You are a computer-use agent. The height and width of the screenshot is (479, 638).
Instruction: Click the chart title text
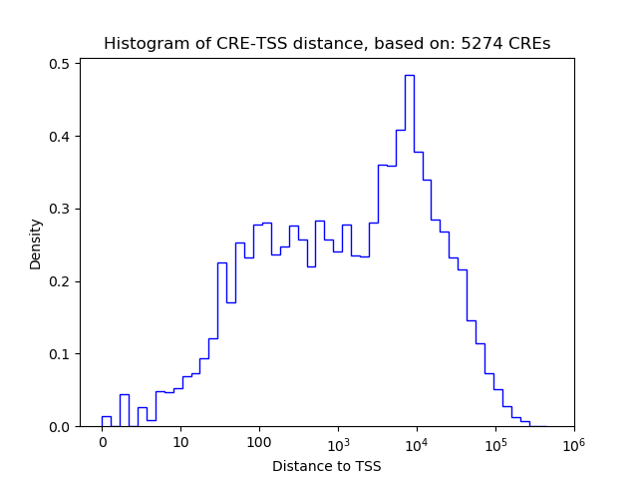pyautogui.click(x=326, y=44)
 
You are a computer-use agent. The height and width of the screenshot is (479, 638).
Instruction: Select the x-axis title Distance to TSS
pyautogui.click(x=326, y=466)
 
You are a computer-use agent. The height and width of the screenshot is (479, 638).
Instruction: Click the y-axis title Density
pyautogui.click(x=36, y=243)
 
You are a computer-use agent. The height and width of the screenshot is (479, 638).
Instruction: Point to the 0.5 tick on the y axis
pyautogui.click(x=61, y=64)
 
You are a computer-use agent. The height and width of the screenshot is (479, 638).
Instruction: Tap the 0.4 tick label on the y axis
pyautogui.click(x=61, y=137)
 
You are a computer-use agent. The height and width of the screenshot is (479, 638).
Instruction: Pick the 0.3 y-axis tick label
pyautogui.click(x=61, y=210)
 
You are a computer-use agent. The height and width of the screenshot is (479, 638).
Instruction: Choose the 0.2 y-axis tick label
pyautogui.click(x=61, y=281)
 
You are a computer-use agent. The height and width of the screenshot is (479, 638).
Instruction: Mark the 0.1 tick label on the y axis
pyautogui.click(x=61, y=354)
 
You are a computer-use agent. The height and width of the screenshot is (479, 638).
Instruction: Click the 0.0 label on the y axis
pyautogui.click(x=61, y=427)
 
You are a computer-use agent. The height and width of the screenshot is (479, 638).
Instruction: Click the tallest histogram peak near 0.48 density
pyautogui.click(x=409, y=76)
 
